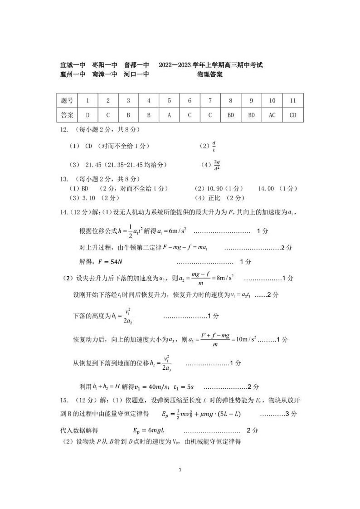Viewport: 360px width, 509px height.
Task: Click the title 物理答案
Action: tap(210, 75)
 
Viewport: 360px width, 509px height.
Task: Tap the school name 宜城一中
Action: tap(73, 65)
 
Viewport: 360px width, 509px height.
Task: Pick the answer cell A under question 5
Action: tap(169, 115)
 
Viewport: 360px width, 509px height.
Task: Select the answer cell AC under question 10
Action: tap(272, 115)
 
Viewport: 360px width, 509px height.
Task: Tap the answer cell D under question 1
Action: tap(88, 115)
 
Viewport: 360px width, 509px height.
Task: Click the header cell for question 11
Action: tap(292, 101)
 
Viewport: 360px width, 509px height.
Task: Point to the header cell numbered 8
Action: tap(231, 101)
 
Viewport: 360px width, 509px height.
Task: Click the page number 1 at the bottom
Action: tap(180, 470)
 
